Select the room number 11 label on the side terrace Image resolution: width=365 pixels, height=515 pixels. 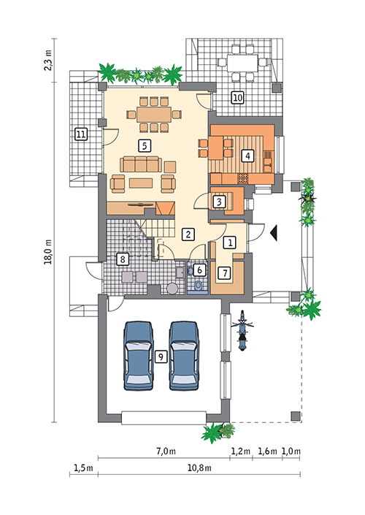pyautogui.click(x=80, y=134)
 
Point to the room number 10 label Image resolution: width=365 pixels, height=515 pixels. pyautogui.click(x=237, y=97)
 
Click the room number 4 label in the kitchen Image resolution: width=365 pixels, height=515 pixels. pyautogui.click(x=249, y=155)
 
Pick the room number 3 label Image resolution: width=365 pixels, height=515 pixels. pyautogui.click(x=218, y=200)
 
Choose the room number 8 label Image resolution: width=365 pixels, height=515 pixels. pyautogui.click(x=122, y=259)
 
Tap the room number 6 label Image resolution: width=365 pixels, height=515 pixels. pyautogui.click(x=201, y=269)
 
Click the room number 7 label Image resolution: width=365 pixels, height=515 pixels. pyautogui.click(x=226, y=272)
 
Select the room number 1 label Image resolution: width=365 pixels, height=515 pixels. pyautogui.click(x=229, y=241)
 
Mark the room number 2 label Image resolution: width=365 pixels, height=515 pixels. pyautogui.click(x=188, y=234)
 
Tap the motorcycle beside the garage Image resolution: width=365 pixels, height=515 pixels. pyautogui.click(x=242, y=332)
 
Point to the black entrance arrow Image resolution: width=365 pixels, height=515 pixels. pyautogui.click(x=274, y=232)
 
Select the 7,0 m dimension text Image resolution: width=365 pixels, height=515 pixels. pyautogui.click(x=166, y=451)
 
